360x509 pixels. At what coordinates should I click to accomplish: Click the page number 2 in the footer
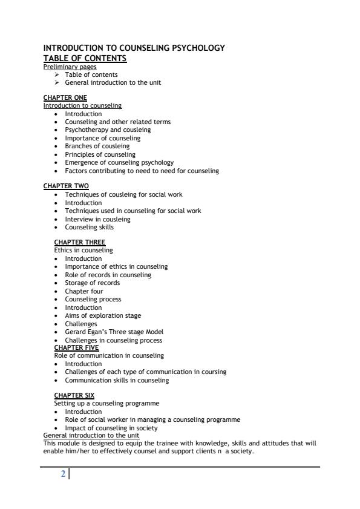[x=63, y=475]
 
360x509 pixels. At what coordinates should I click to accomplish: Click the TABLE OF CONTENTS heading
[x=85, y=58]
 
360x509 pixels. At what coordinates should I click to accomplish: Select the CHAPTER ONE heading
[x=65, y=97]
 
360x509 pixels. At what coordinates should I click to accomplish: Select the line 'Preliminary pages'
[x=70, y=67]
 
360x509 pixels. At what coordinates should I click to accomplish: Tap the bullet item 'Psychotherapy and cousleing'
[x=108, y=130]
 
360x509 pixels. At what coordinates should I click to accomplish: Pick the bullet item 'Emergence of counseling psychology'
[x=119, y=162]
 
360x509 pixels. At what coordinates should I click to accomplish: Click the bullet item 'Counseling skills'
[x=89, y=227]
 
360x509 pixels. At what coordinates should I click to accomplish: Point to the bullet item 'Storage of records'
[x=92, y=283]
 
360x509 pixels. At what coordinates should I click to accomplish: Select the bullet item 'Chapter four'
[x=84, y=291]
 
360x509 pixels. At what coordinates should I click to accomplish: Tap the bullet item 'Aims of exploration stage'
[x=103, y=315]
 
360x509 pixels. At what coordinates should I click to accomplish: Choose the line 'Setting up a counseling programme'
[x=107, y=404]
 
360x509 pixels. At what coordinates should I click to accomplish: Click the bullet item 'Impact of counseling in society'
[x=111, y=428]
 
